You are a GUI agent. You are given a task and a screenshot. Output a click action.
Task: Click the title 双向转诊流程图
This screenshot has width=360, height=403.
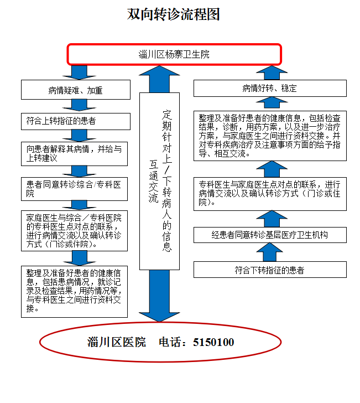(173, 14)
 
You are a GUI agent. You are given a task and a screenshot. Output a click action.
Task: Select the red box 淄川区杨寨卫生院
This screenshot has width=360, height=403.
(174, 54)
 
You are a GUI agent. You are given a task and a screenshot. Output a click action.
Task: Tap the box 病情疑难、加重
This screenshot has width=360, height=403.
(76, 90)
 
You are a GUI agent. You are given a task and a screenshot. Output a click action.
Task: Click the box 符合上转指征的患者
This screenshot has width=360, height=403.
(76, 121)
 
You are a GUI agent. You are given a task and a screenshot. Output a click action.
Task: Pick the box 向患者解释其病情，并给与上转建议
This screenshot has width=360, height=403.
(74, 154)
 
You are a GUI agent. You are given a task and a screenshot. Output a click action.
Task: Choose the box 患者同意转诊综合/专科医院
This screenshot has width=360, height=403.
(74, 189)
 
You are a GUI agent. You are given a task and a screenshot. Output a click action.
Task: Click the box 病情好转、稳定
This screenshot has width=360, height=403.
(270, 88)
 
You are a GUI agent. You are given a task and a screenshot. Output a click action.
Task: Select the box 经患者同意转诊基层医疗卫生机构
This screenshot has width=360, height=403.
(270, 235)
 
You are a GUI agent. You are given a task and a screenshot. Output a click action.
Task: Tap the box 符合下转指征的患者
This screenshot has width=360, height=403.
(270, 270)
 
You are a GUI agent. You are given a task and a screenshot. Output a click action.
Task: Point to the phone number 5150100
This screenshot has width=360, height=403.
(213, 342)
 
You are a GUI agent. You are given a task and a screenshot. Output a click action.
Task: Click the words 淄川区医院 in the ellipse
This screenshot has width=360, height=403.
(117, 342)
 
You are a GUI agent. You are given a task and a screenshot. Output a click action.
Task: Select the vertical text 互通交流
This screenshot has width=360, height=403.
(154, 182)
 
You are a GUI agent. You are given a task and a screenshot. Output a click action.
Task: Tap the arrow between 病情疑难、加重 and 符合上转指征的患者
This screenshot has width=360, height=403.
(79, 105)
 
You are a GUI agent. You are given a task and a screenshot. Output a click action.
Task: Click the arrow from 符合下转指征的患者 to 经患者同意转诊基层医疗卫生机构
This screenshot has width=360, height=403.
(270, 252)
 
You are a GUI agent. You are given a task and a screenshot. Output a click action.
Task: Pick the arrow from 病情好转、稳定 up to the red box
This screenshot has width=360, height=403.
(272, 73)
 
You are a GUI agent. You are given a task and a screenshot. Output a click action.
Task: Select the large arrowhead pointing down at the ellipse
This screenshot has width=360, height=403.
(159, 317)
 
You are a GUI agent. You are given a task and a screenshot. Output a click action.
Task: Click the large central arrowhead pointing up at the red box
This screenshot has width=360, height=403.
(159, 71)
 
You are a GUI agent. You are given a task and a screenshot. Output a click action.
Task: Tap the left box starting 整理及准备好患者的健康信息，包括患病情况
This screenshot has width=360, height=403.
(74, 292)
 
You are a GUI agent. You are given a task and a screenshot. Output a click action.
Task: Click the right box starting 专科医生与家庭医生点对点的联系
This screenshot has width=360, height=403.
(270, 194)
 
